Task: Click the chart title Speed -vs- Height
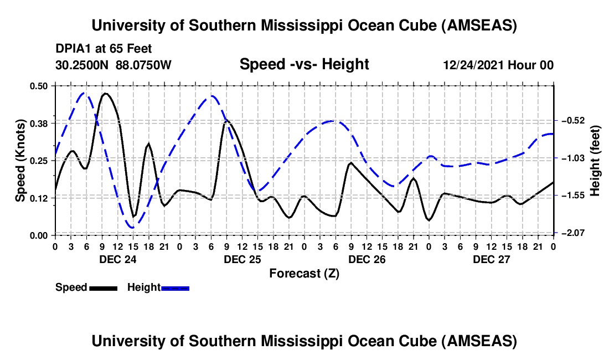pos(304,65)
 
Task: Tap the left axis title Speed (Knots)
pos(20,160)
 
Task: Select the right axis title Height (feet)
pos(595,161)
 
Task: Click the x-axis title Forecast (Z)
pos(304,273)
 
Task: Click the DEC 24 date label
pos(117,259)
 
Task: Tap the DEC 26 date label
pos(366,259)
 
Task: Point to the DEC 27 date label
pos(491,259)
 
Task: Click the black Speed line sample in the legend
pos(103,287)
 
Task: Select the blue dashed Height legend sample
pos(175,287)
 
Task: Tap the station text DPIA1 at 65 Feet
pos(104,49)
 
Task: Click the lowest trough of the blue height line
pos(132,227)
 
